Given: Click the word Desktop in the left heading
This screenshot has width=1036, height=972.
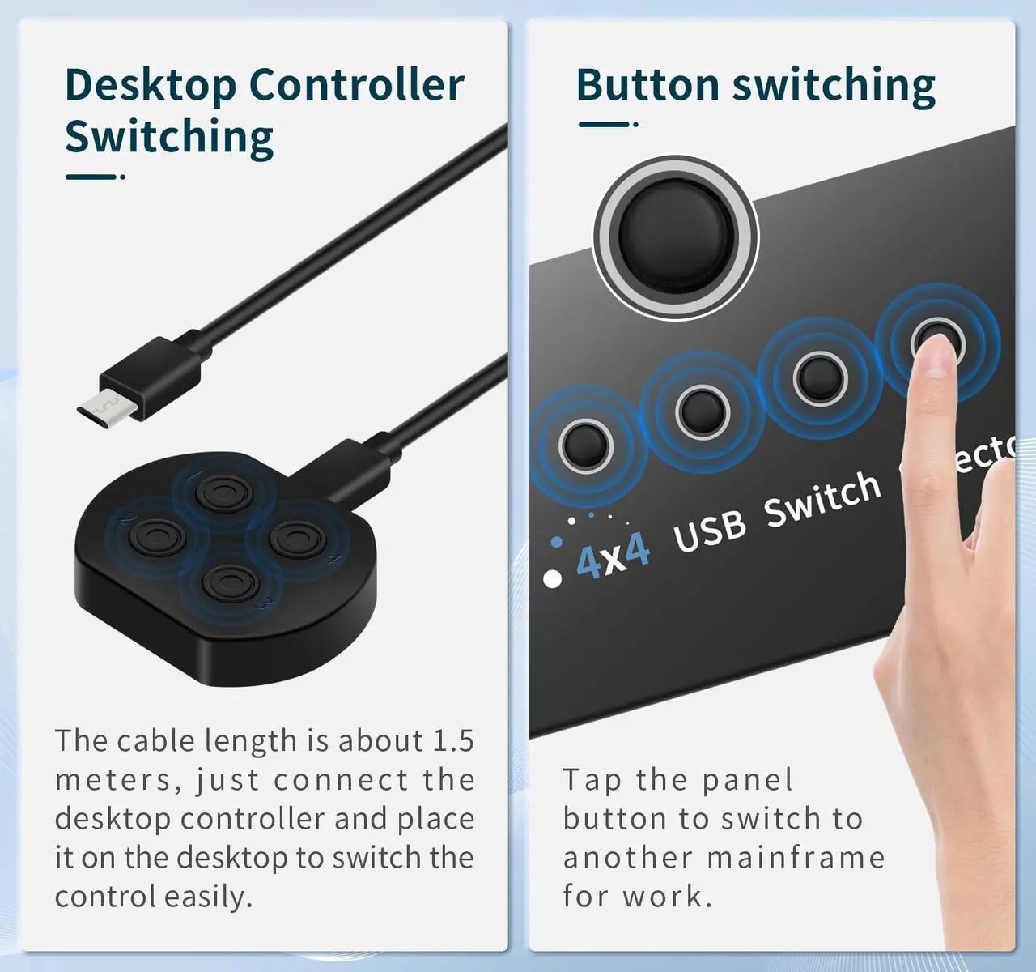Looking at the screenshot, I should click(x=150, y=86).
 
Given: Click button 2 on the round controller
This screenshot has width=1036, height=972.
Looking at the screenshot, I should click(x=158, y=536).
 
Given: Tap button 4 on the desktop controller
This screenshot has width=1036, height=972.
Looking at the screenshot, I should click(x=297, y=537).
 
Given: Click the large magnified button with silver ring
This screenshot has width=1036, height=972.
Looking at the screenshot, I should click(x=675, y=236).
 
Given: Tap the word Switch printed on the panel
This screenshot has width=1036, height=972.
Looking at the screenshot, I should click(x=822, y=499).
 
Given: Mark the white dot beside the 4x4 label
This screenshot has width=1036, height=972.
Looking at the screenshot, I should click(x=553, y=579).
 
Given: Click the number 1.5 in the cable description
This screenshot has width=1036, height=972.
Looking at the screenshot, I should click(x=453, y=740).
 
